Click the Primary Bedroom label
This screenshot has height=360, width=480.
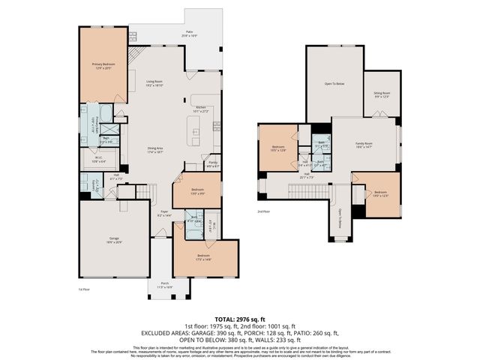(103, 67)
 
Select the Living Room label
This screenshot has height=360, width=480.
(154, 83)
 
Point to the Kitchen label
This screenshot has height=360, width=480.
(201, 109)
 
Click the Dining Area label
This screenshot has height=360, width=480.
(156, 150)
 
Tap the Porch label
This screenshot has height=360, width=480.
(165, 285)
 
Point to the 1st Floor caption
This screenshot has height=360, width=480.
(85, 289)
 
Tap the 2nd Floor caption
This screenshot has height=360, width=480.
(264, 211)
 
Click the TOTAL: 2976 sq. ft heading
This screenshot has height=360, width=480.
(240, 319)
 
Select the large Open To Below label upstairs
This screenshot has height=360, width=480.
(334, 83)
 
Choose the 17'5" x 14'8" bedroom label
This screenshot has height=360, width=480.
(205, 259)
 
